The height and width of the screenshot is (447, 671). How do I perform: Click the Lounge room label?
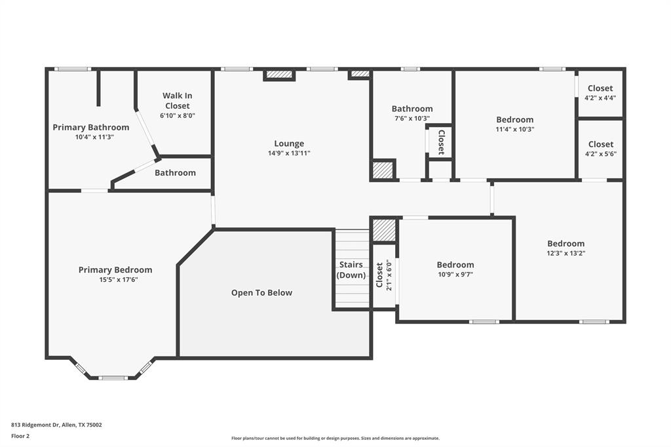click(288, 144)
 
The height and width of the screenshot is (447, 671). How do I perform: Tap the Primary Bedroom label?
click(115, 270)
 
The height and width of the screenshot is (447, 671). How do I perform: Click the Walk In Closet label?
click(177, 100)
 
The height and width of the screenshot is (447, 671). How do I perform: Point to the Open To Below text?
click(261, 293)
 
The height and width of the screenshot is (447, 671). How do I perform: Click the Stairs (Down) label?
click(351, 270)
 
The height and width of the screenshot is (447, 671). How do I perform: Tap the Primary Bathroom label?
click(90, 127)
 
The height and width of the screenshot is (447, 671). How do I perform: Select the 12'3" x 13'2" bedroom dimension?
click(566, 253)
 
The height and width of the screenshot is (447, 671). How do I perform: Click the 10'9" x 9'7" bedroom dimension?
click(455, 275)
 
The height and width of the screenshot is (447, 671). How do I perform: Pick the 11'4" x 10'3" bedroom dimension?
click(514, 129)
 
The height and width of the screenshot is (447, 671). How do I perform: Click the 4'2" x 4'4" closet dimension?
click(600, 98)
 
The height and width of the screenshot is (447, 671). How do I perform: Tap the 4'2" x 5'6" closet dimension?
click(600, 154)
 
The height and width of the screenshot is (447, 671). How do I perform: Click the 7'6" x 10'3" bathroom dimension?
click(412, 119)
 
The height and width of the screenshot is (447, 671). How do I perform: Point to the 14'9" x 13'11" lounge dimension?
click(288, 153)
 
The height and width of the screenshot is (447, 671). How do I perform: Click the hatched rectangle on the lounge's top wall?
click(279, 75)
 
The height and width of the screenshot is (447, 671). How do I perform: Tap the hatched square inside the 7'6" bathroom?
click(383, 170)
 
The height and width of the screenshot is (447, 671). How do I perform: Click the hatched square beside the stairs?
click(383, 230)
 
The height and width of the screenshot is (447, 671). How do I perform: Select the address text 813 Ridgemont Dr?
click(56, 425)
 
